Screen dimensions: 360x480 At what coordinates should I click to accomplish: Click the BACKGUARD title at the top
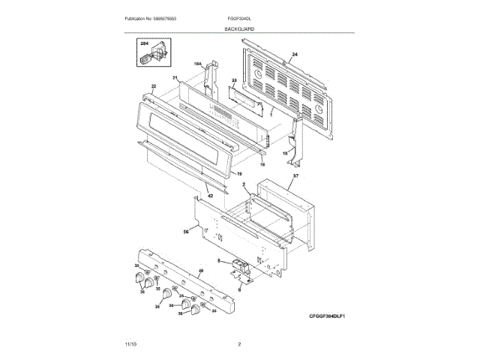click(239, 28)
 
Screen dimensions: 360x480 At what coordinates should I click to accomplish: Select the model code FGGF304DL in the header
click(238, 17)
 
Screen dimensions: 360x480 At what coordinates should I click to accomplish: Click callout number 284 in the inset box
click(144, 46)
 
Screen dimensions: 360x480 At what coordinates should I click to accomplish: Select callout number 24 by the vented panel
click(295, 55)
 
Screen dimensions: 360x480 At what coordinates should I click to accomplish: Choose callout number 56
click(185, 232)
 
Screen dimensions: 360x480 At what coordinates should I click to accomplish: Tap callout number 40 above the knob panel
click(200, 271)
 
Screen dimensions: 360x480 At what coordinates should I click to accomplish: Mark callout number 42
click(210, 196)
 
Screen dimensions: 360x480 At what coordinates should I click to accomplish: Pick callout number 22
click(154, 86)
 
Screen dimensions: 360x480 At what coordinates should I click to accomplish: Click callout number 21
click(174, 78)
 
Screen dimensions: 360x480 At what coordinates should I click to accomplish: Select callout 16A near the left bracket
click(199, 64)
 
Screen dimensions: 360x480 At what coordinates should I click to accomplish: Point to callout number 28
click(234, 79)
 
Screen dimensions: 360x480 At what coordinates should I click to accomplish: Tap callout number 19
click(239, 173)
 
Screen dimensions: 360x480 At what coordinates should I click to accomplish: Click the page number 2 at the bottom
click(239, 344)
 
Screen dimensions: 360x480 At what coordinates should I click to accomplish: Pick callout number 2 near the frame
click(244, 184)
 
